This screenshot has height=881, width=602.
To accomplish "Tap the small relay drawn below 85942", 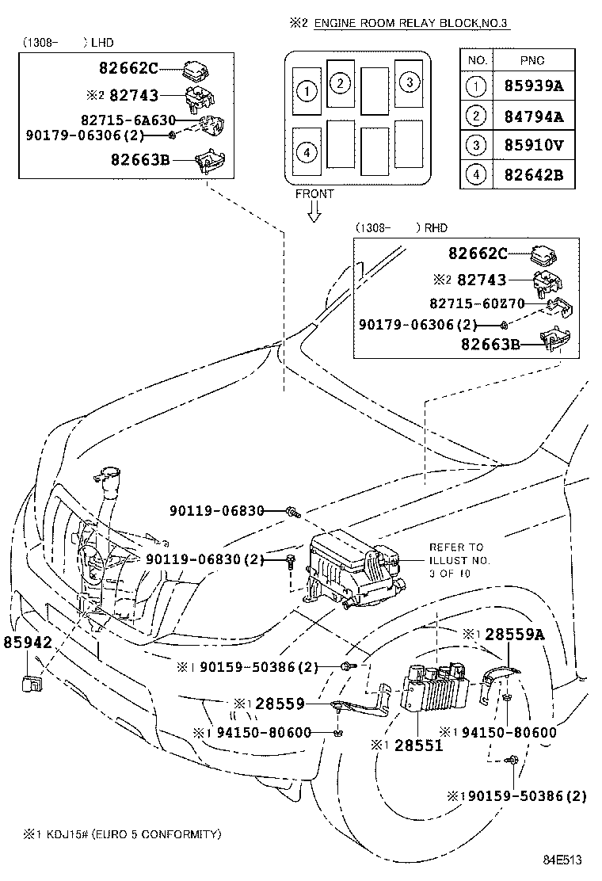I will coord(32,683).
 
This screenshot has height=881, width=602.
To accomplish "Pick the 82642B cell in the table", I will coord(533,174).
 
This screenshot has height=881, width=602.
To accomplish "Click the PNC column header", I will coord(532,60).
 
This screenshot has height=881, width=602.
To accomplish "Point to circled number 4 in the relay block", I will coord(306,151).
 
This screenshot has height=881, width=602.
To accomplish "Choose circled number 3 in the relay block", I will coord(409,82).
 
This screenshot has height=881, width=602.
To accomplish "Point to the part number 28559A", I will coord(514,634).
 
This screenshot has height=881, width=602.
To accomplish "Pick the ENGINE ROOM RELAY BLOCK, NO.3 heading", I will coord(411,24).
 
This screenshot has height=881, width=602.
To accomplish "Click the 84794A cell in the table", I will coord(533,117).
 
